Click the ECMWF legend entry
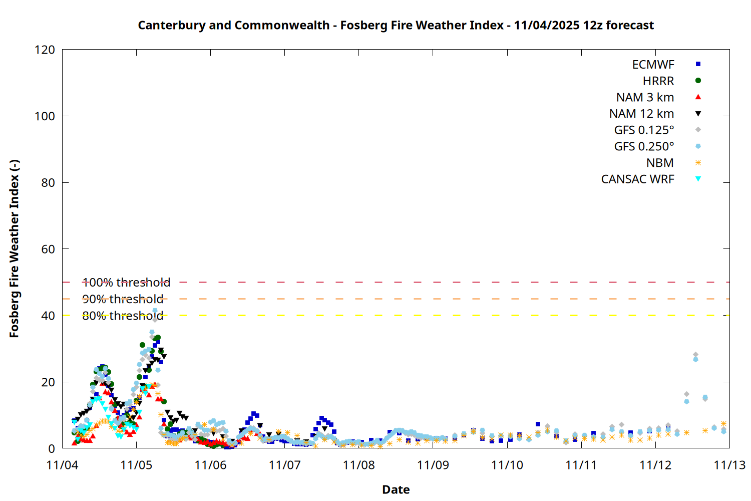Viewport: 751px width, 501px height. (653, 65)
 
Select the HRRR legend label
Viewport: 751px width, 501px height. (658, 81)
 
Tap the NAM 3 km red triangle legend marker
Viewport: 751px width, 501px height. (698, 97)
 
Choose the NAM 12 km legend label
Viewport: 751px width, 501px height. (641, 114)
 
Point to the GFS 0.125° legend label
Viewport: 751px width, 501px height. (644, 130)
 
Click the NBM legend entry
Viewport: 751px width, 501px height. (660, 163)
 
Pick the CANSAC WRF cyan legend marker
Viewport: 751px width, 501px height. (698, 179)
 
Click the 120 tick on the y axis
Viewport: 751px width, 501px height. (45, 50)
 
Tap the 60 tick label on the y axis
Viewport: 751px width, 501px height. (48, 249)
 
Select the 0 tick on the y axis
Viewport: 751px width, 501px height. (52, 448)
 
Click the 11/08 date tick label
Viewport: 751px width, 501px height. (359, 465)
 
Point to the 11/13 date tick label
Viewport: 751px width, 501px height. (729, 465)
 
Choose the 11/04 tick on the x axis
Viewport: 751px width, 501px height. (62, 465)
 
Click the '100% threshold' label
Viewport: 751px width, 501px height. (126, 283)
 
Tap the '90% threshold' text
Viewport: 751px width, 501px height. (123, 299)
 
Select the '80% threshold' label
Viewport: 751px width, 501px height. (123, 316)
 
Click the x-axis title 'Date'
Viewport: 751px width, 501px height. (396, 489)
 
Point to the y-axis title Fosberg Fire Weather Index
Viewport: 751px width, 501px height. (14, 249)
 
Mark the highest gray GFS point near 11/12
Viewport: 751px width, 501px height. (695, 355)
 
